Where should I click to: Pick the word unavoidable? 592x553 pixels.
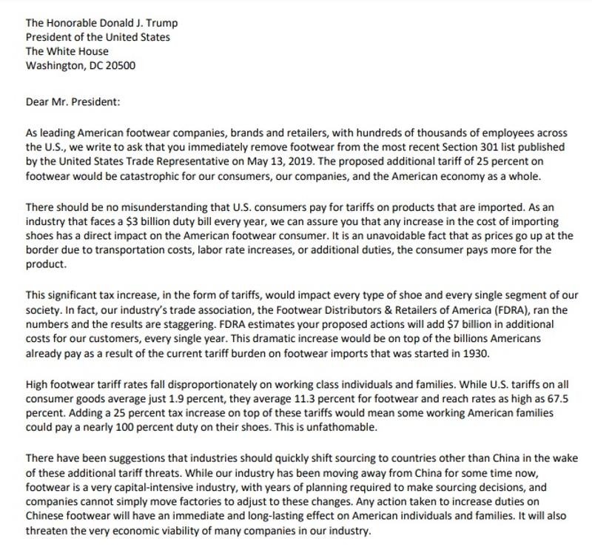click(x=329, y=235)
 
